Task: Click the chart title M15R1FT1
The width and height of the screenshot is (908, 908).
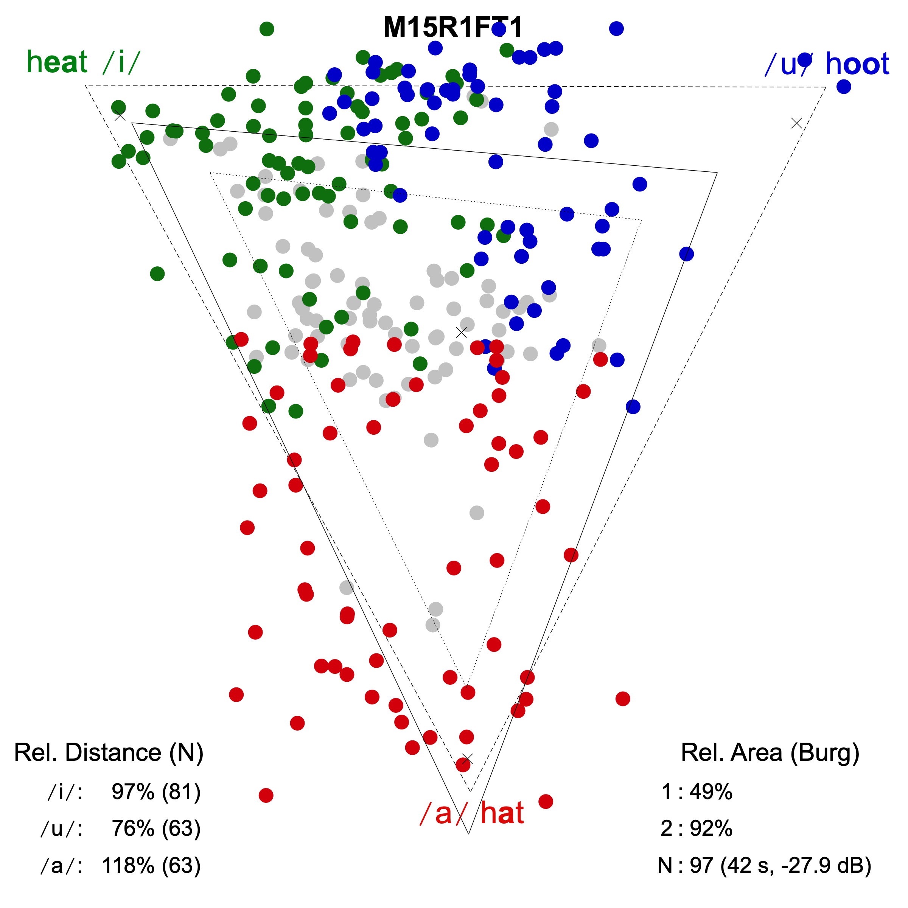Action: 452,27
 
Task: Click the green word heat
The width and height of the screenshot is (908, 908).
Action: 58,62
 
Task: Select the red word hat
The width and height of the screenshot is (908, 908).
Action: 502,813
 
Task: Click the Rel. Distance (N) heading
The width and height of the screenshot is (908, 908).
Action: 109,753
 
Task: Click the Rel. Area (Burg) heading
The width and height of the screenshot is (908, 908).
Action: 770,753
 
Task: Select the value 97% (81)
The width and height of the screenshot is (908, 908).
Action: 156,792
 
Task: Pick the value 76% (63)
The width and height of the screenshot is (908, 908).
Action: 156,828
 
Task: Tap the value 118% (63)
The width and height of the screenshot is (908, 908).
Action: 151,865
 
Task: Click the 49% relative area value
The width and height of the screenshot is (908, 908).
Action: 711,792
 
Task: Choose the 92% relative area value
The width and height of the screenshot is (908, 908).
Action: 711,828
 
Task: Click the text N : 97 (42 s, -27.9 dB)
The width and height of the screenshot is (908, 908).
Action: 764,865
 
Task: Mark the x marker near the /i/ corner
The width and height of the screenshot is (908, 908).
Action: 120,116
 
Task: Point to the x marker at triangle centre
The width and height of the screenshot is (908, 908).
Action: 462,332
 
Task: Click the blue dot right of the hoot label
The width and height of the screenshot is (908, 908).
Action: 844,87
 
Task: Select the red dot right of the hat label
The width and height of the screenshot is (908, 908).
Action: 546,801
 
